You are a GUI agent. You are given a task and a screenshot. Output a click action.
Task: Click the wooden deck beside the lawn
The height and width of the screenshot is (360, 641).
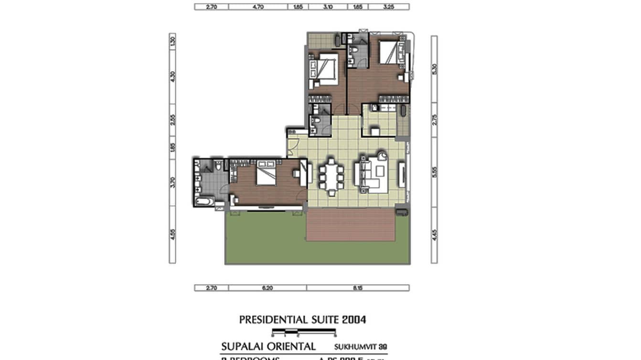tap(351, 224)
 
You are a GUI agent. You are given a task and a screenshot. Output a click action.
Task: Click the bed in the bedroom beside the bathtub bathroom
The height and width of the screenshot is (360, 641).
tap(265, 174)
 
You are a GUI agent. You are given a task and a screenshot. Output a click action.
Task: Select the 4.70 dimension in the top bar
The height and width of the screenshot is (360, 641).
tap(258, 7)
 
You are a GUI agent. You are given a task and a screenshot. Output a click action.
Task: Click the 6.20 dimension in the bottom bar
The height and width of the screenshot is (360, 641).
tap(267, 288)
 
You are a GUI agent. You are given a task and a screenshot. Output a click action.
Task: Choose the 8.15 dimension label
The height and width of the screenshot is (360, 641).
tap(358, 288)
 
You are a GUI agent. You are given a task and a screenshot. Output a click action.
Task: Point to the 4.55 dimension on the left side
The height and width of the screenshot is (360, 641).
tap(172, 235)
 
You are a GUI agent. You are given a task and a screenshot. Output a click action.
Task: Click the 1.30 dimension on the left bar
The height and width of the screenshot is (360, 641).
tap(172, 42)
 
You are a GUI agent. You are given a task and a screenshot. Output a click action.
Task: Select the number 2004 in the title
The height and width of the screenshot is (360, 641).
tap(354, 320)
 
